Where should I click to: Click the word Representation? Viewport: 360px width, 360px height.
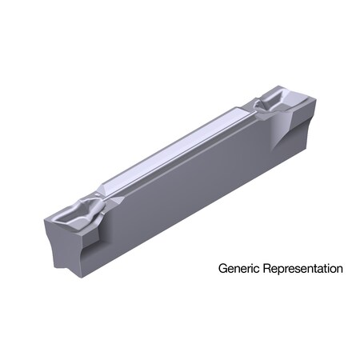302,270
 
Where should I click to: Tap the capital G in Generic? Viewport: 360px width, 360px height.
223,269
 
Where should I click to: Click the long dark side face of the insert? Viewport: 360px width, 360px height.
192,192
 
